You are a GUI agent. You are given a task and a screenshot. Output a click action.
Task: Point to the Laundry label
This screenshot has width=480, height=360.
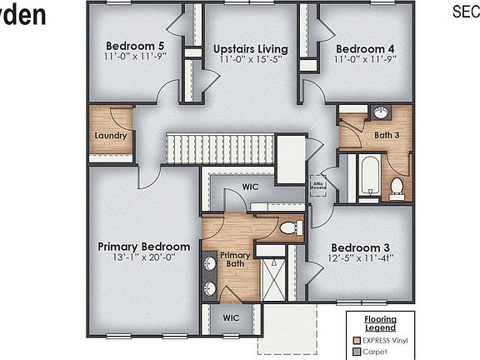click(110, 135)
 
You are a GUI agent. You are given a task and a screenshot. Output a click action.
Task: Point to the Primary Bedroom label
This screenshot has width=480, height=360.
click(143, 247)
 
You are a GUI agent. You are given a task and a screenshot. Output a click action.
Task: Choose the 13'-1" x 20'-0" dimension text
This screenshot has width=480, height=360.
click(143, 258)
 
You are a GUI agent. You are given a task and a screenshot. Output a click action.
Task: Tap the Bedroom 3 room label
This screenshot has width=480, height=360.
click(360, 247)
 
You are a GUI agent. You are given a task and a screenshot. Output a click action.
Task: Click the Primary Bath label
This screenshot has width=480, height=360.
click(235, 260)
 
